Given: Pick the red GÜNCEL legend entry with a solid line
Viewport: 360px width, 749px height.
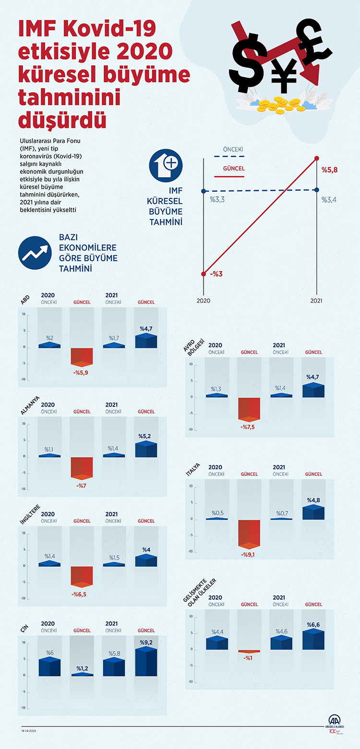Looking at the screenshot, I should coord(234,169).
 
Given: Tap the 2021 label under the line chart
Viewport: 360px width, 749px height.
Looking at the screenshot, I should coord(316,301).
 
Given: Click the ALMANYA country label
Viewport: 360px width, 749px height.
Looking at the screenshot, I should coord(30,408).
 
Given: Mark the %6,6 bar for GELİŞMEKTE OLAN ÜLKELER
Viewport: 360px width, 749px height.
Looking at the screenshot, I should coord(313,640).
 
